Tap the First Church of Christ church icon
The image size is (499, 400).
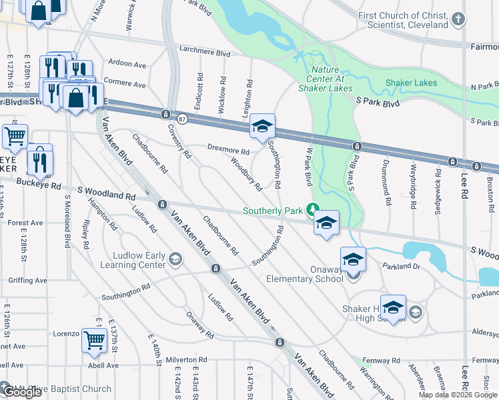click(x=458, y=20)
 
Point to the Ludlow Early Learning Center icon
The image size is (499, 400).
click(x=175, y=259)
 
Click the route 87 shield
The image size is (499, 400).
click(x=182, y=119)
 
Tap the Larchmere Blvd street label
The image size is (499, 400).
click(x=205, y=53)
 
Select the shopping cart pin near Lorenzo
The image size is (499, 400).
click(x=94, y=340)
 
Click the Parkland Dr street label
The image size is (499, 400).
click(x=401, y=266)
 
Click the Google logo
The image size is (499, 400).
click(x=21, y=392)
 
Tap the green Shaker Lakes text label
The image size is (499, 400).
click(x=411, y=83)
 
